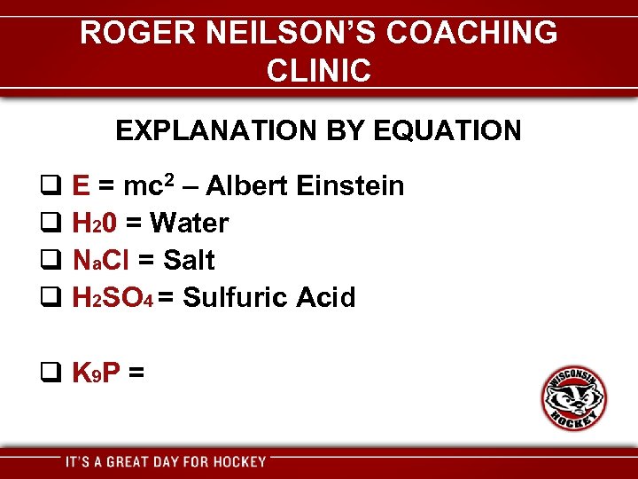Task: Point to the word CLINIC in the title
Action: coord(318,70)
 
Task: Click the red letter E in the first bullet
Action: coord(80,186)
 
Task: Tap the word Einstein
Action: coord(351,186)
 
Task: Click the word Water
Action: coord(190,224)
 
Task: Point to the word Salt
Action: coord(189,261)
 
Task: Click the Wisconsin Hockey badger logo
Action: coord(574,398)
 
